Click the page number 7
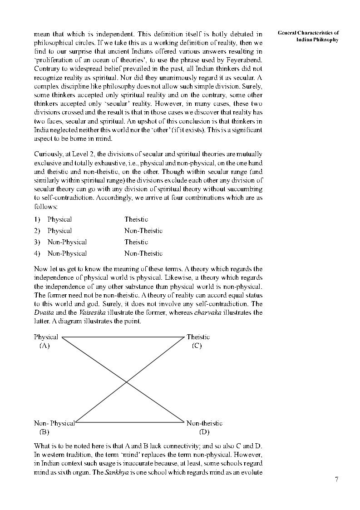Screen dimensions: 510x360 click(x=336, y=480)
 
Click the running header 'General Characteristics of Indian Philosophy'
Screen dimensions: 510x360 click(x=308, y=36)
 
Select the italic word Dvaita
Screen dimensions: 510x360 click(x=44, y=312)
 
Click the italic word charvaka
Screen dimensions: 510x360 click(x=208, y=312)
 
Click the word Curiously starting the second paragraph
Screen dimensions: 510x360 click(x=49, y=154)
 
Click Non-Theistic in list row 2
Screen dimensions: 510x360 click(x=143, y=231)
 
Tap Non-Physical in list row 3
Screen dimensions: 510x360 click(x=67, y=242)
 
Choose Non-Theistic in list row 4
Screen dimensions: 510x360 click(x=143, y=253)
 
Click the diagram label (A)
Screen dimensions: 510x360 click(x=44, y=346)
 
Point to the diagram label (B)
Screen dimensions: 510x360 click(x=44, y=431)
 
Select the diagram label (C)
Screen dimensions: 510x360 click(x=197, y=346)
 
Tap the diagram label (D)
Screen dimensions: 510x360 click(x=204, y=431)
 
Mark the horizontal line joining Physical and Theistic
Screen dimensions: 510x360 click(x=124, y=337)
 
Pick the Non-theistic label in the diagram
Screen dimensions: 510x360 click(x=204, y=423)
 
